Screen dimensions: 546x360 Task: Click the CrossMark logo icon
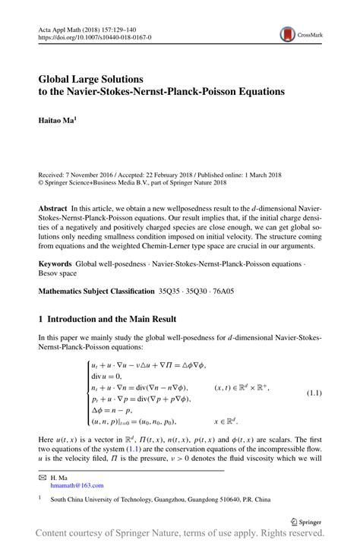[287, 34]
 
